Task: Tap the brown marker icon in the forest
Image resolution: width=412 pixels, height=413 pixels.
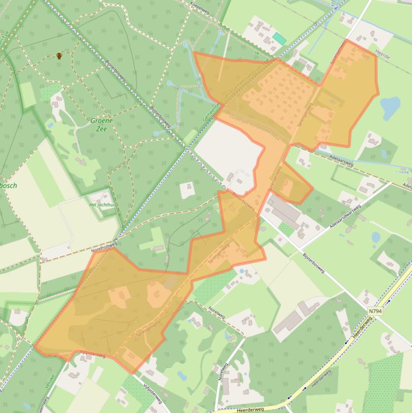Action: (59, 55)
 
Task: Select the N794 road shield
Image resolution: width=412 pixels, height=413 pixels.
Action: (376, 311)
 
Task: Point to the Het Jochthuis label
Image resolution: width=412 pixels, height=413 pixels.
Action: (103, 205)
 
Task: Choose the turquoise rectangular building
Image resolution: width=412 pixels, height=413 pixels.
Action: (279, 39)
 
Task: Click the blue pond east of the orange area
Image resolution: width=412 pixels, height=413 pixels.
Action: (390, 108)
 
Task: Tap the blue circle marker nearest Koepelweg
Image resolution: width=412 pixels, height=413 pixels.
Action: (220, 33)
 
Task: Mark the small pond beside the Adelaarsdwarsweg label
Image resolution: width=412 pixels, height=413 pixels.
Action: (376, 237)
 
